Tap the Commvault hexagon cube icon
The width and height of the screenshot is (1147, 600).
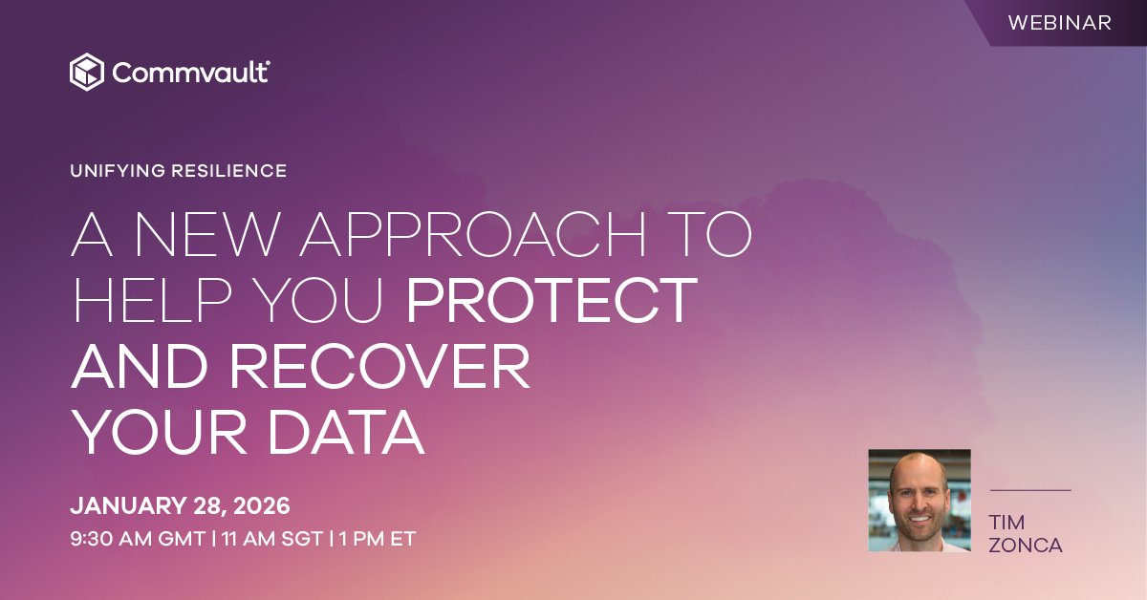point(86,72)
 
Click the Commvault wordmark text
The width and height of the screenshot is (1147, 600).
point(190,73)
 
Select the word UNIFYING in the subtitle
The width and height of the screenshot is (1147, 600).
point(117,172)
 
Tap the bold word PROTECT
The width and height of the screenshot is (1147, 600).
point(552,299)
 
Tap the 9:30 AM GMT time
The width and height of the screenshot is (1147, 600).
point(138,538)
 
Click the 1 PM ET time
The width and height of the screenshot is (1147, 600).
point(378,538)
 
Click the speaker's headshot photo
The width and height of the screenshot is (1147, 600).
point(920,501)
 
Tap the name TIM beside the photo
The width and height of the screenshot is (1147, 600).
point(1007,523)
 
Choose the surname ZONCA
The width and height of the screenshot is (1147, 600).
point(1027,546)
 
